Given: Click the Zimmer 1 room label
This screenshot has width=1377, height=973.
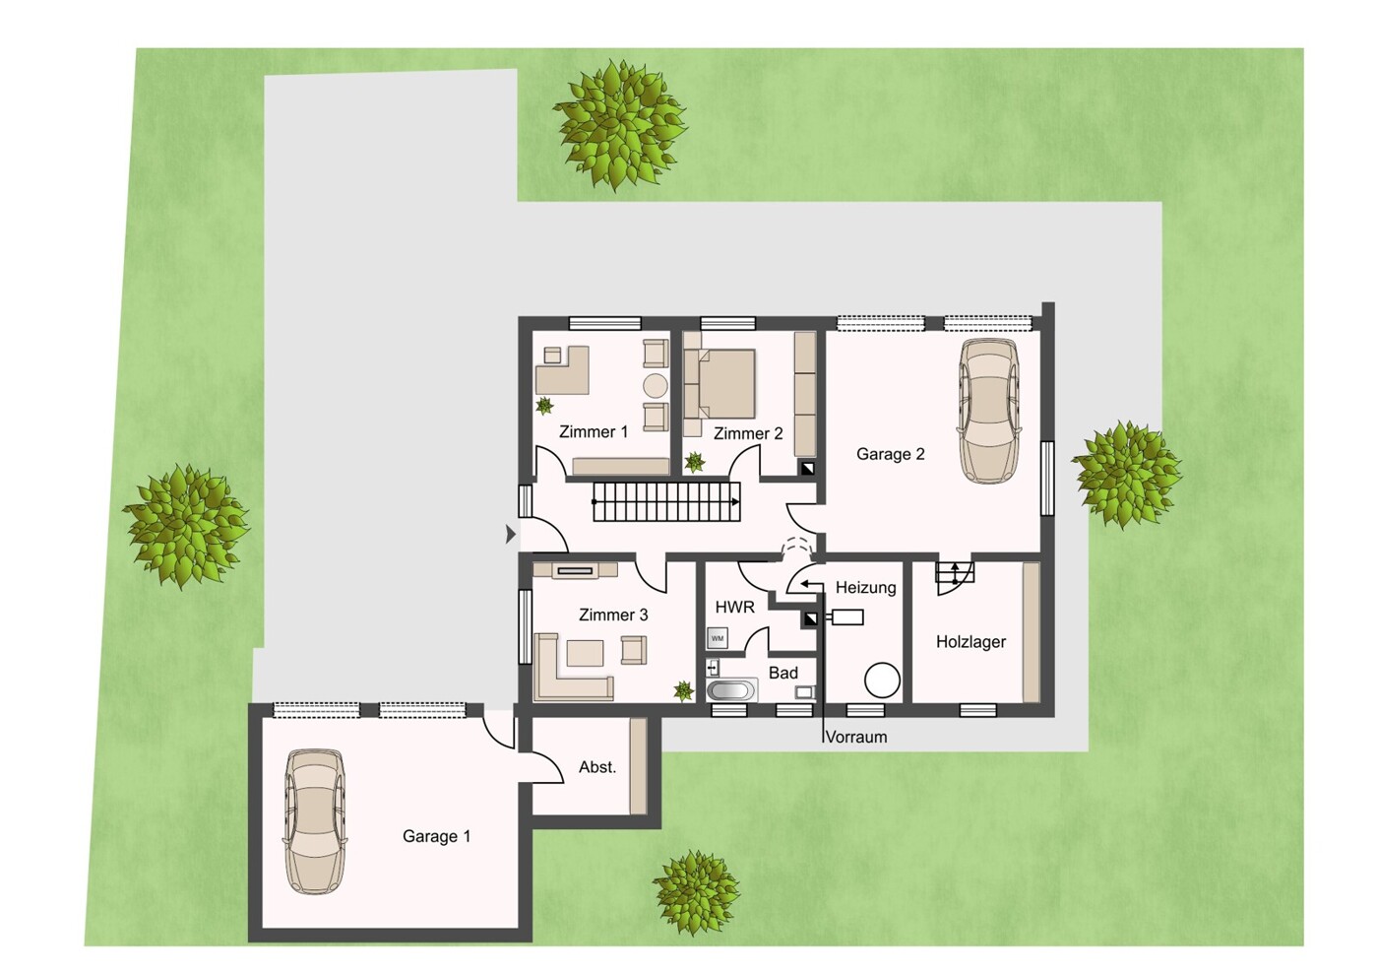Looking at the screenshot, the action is pos(594,431).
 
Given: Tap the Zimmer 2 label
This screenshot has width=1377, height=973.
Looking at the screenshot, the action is pos(748,433).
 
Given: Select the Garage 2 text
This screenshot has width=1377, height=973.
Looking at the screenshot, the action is pos(890,454).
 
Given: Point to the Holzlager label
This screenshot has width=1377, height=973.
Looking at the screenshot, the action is pos(970,642).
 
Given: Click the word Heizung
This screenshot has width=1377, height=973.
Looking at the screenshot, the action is pos(865,587).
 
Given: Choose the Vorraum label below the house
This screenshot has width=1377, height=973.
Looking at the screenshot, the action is pos(856,737).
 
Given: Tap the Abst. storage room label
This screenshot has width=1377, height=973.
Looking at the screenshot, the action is pos(596,767).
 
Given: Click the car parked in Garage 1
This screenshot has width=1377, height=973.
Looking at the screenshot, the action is pos(315,821).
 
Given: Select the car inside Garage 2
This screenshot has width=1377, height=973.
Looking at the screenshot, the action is pos(988,411).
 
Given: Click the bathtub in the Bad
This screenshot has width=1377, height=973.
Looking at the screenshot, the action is pos(731,690).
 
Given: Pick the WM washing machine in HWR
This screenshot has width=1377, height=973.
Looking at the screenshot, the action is pos(717,638).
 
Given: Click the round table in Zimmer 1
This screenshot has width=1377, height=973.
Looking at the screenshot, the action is pos(656,386).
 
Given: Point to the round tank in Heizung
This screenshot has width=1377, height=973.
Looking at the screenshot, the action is pos(882,680).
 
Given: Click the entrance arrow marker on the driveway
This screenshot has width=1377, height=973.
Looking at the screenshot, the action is pos(510,534).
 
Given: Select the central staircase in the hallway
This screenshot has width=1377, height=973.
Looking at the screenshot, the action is pos(666,502).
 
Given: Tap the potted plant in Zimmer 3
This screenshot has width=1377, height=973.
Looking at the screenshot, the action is pos(684,690).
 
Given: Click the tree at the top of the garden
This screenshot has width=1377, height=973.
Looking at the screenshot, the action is pos(621,125).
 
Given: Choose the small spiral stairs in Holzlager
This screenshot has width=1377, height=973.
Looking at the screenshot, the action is pos(954,577).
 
